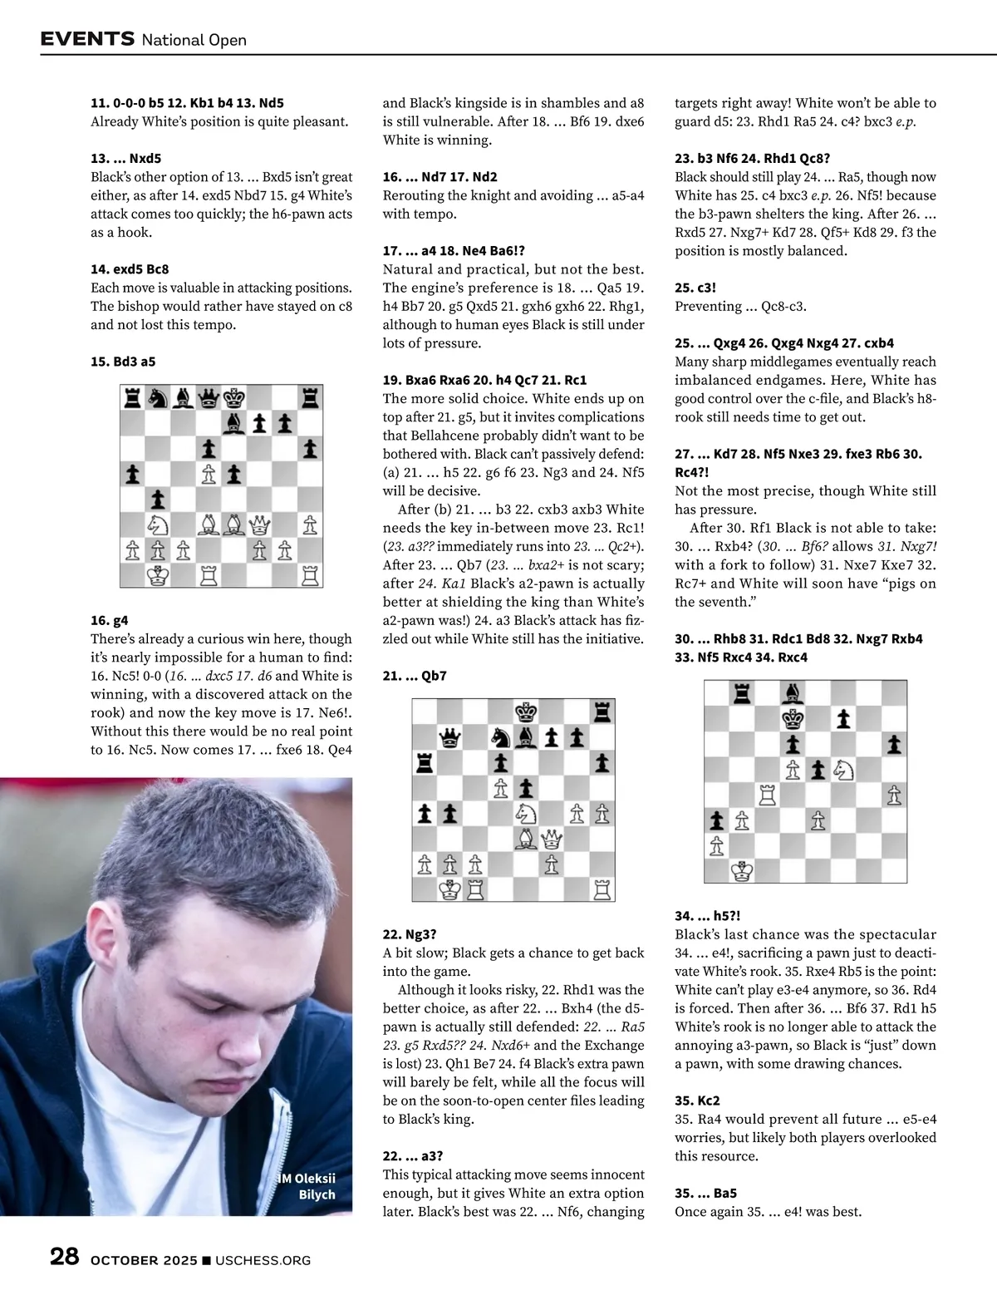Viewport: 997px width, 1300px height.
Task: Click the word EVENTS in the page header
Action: tap(87, 38)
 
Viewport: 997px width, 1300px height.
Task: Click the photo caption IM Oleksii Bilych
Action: tap(307, 1186)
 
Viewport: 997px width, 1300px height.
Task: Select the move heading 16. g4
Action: tap(110, 620)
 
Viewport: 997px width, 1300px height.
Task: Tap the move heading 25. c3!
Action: tap(695, 288)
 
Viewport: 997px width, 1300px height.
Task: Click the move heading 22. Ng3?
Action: tap(410, 934)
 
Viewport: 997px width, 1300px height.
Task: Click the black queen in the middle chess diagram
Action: tap(449, 736)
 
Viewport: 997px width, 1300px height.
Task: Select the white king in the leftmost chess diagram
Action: tap(157, 574)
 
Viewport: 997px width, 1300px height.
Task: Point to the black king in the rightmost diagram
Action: tap(793, 717)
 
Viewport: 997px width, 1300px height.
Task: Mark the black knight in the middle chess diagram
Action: tap(500, 736)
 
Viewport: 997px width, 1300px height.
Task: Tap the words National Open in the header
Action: tap(194, 40)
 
